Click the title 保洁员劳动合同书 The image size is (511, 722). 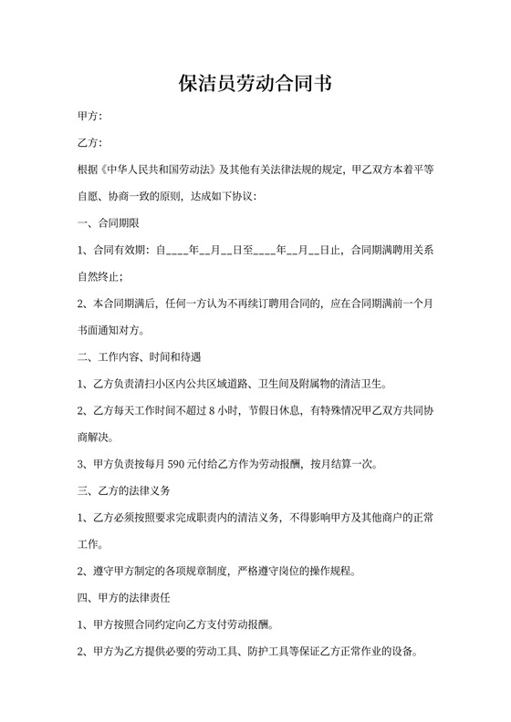(x=255, y=85)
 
